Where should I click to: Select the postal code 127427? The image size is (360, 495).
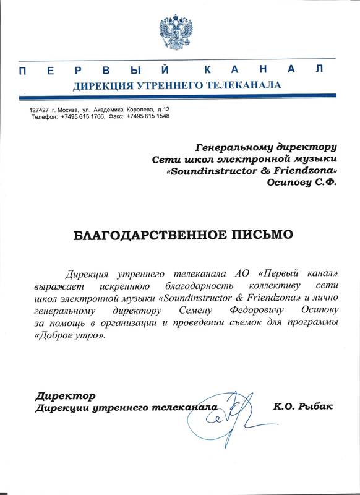tap(40, 110)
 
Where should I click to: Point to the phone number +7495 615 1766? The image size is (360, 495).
tap(82, 116)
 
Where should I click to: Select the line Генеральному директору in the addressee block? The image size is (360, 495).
tap(266, 147)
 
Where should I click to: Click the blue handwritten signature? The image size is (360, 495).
tap(223, 411)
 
